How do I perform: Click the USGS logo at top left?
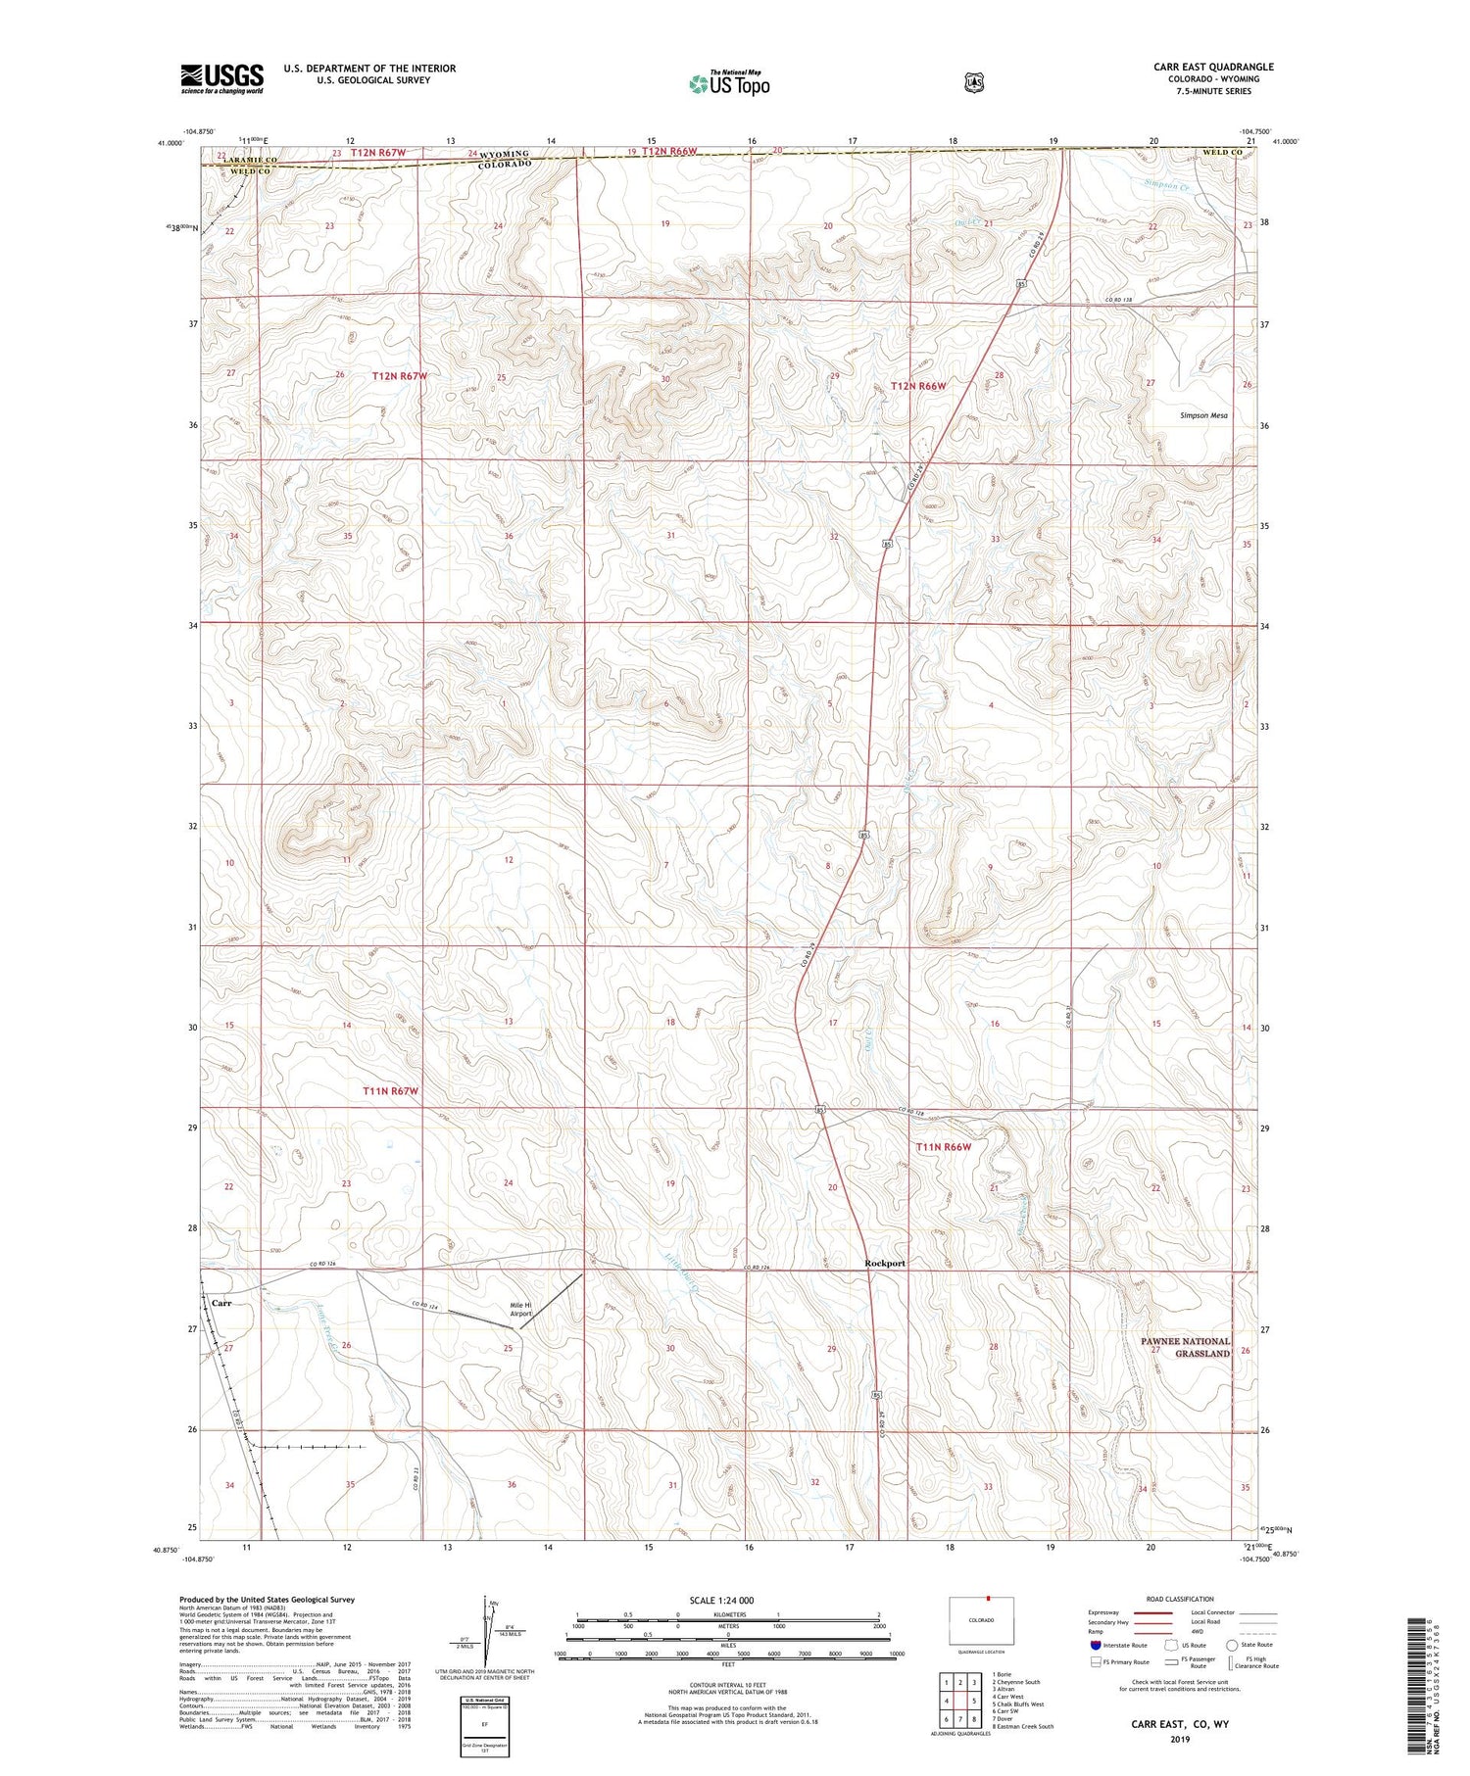click(x=221, y=78)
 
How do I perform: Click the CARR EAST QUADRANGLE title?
click(x=1213, y=68)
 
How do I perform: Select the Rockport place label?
click(x=885, y=1263)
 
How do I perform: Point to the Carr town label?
click(x=221, y=1304)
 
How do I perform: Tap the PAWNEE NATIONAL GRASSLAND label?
click(x=1185, y=1347)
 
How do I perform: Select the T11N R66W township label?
click(x=943, y=1146)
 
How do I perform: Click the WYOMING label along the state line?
click(x=504, y=155)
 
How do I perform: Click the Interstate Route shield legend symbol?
click(x=1095, y=1646)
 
